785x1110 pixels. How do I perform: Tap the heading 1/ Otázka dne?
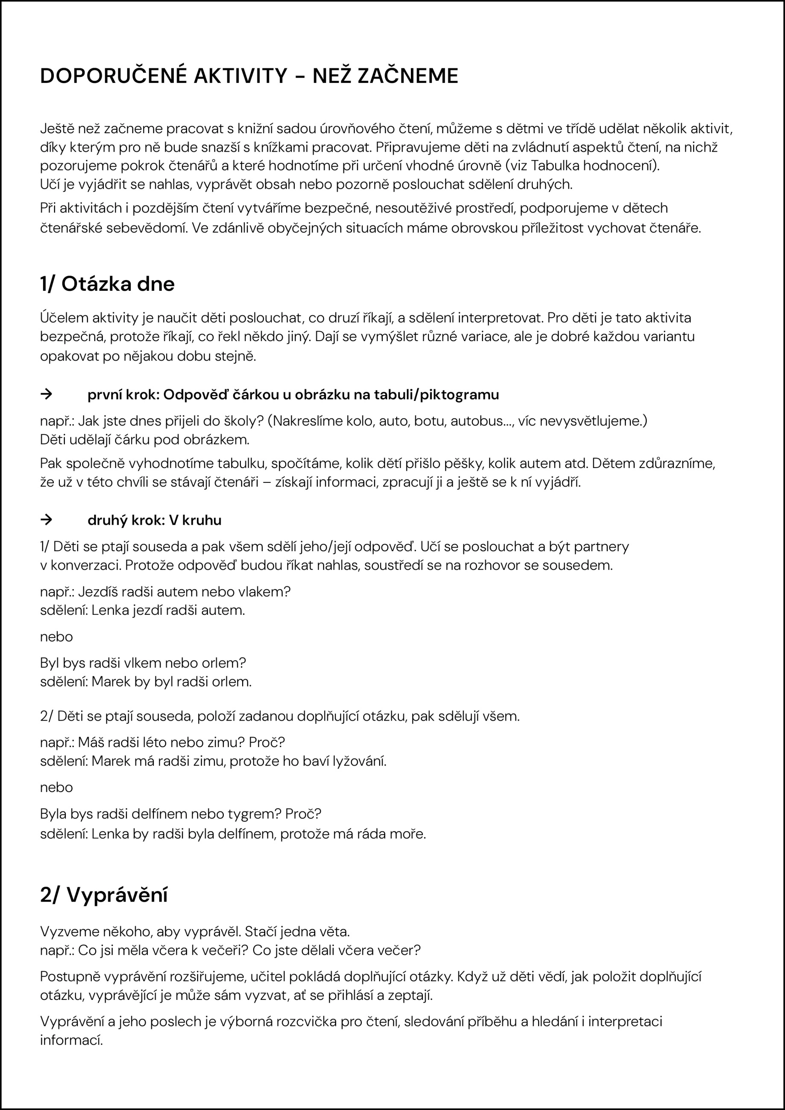107,284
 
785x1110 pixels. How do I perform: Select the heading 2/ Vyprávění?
103,895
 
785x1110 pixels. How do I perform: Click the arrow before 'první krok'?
46,394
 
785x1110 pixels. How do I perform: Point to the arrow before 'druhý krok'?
46,520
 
